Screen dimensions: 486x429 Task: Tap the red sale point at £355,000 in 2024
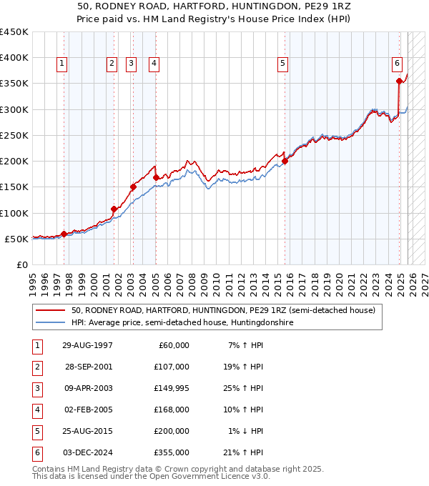click(x=399, y=81)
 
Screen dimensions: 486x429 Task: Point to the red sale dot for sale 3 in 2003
click(x=132, y=187)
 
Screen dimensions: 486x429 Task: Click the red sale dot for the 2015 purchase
click(x=285, y=161)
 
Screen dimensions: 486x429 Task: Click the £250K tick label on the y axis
click(x=14, y=135)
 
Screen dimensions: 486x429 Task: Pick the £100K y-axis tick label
click(x=14, y=213)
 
